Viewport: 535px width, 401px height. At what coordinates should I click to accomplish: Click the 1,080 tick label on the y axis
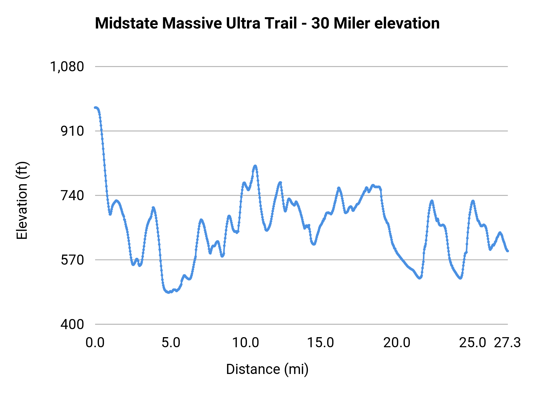pyautogui.click(x=67, y=67)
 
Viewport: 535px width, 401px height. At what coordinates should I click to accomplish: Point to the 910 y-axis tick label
pyautogui.click(x=73, y=131)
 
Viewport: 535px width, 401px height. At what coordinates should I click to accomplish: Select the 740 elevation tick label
pyautogui.click(x=73, y=195)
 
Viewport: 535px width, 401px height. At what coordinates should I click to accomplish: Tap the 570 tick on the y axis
pyautogui.click(x=73, y=260)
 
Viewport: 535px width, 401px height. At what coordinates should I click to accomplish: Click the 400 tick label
pyautogui.click(x=73, y=324)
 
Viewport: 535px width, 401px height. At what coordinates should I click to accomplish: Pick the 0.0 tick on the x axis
pyautogui.click(x=95, y=343)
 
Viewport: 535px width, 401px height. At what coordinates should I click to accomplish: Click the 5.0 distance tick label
pyautogui.click(x=171, y=343)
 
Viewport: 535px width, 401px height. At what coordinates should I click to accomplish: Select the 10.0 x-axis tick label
pyautogui.click(x=246, y=343)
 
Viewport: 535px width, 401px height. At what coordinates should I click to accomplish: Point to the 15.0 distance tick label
pyautogui.click(x=320, y=343)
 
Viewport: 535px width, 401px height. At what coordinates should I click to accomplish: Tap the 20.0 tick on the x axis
pyautogui.click(x=397, y=343)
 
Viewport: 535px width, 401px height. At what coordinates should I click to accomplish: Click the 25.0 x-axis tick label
pyautogui.click(x=473, y=343)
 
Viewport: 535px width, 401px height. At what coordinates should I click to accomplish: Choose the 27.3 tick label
pyautogui.click(x=507, y=343)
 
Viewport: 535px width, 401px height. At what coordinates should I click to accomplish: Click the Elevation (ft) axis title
pyautogui.click(x=22, y=200)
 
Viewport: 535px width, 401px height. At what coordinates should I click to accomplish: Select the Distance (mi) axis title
pyautogui.click(x=267, y=369)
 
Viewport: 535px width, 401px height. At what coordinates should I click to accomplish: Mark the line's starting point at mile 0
pyautogui.click(x=95, y=108)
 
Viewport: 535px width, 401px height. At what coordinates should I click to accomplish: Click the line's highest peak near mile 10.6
pyautogui.click(x=255, y=166)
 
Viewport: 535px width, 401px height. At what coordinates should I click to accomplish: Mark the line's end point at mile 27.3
pyautogui.click(x=508, y=251)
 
